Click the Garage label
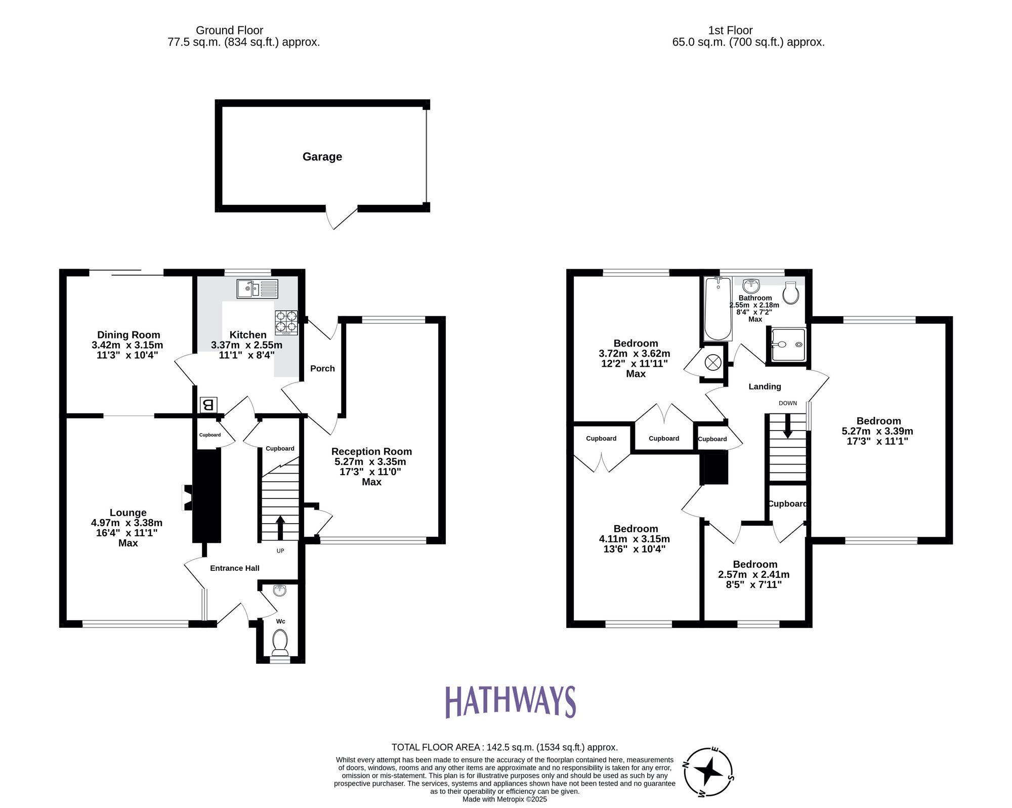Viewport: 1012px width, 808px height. coord(322,157)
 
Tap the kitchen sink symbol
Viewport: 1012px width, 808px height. coord(257,289)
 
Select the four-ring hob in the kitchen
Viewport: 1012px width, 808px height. coord(286,322)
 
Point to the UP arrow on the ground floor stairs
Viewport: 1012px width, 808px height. coord(280,527)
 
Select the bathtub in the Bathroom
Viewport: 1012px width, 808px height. coord(718,308)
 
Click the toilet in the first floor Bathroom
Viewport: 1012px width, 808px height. coord(791,292)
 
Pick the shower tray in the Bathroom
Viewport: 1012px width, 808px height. coord(788,345)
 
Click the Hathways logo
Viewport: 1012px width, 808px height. coord(510,702)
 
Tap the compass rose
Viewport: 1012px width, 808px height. coord(708,772)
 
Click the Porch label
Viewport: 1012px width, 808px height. coord(322,369)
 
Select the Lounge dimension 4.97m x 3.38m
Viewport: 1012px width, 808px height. coord(127,523)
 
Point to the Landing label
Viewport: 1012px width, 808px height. coord(765,387)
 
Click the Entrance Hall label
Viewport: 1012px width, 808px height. coord(235,568)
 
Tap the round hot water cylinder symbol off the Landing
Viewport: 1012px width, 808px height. coord(713,362)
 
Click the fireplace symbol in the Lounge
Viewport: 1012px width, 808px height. coord(187,498)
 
